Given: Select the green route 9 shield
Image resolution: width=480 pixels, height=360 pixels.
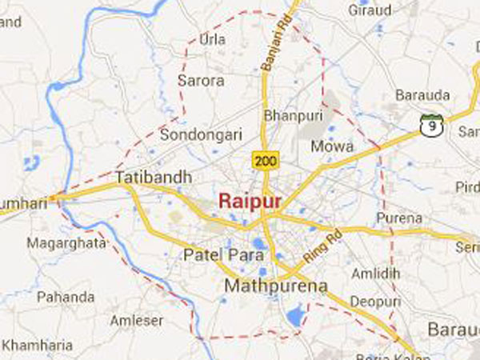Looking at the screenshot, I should tap(431, 124).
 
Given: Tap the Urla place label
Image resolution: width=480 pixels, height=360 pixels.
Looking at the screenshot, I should tap(212, 38).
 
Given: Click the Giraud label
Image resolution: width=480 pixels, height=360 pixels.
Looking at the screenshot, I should tap(369, 10).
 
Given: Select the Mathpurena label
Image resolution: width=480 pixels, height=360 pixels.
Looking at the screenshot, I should tap(266, 285).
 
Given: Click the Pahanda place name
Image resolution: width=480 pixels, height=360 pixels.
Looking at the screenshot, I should tap(66, 297).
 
